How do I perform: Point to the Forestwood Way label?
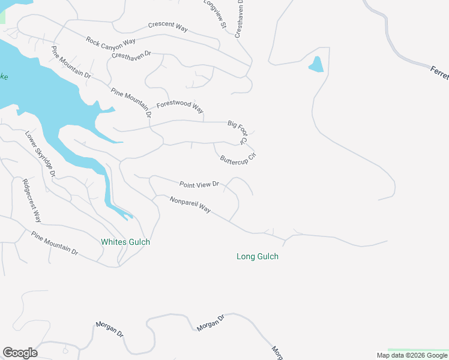[180, 106]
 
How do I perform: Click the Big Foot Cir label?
[238, 132]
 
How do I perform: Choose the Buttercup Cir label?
[238, 159]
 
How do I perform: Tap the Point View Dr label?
[199, 184]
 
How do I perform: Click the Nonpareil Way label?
[190, 205]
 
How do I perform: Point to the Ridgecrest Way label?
[32, 200]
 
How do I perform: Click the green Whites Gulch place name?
[125, 242]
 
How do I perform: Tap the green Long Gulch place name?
[258, 256]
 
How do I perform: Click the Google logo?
[20, 353]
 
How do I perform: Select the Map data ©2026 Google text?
[411, 355]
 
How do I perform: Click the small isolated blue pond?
[316, 64]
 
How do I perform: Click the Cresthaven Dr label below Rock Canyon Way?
[131, 55]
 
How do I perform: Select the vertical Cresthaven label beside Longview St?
[239, 19]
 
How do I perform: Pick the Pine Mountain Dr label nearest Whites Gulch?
[55, 243]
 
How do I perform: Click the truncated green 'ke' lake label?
[4, 77]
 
